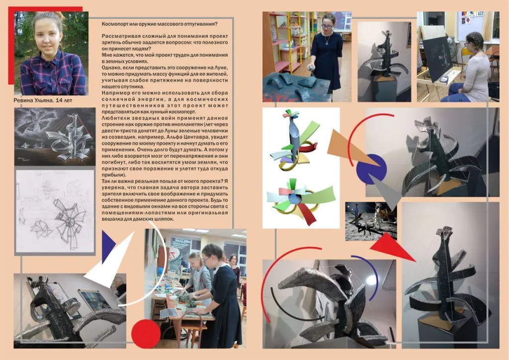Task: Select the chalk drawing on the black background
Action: (x=55, y=136)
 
